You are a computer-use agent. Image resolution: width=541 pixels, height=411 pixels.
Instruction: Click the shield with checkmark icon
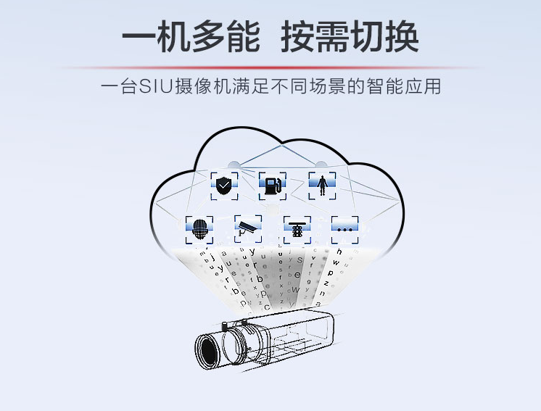224,186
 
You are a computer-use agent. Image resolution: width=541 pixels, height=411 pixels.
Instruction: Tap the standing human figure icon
322,185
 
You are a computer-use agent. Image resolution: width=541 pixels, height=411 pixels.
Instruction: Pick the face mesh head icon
199,229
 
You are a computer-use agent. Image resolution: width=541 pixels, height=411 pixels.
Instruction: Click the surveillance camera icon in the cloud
249,228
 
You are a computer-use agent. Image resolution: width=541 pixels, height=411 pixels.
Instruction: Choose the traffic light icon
297,229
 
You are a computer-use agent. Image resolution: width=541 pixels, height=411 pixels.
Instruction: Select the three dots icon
344,228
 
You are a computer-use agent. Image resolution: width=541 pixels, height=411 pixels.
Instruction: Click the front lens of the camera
211,349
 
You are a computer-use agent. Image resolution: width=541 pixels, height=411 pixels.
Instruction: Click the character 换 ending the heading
400,36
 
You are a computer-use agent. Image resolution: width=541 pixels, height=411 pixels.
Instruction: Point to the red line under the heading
270,67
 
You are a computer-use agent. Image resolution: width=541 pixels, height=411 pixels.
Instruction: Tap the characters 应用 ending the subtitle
424,88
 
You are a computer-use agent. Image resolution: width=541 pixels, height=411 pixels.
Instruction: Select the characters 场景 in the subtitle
338,88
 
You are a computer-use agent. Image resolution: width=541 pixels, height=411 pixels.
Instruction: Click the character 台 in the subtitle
128,88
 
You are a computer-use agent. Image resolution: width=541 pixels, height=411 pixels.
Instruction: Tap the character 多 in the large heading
206,36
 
